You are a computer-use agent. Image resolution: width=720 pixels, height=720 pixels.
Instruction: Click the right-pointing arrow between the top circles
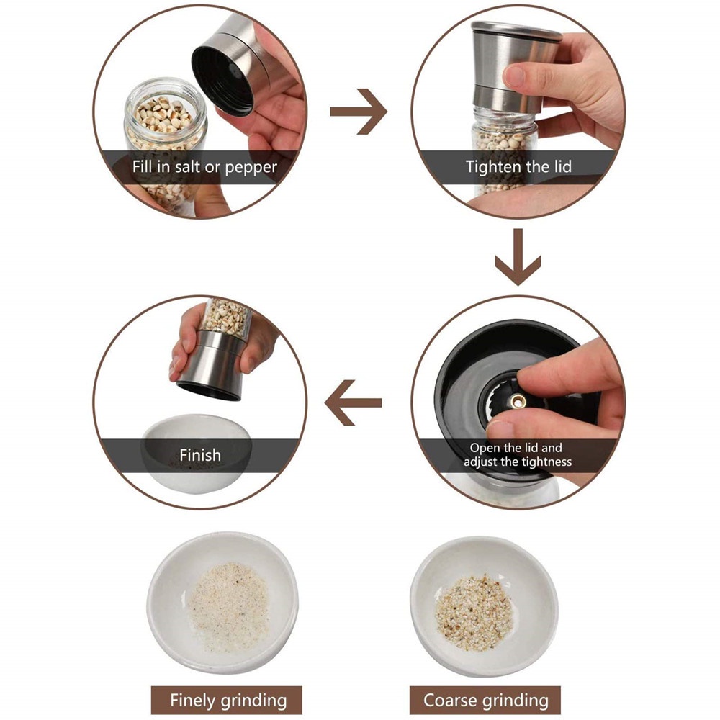tap(359, 112)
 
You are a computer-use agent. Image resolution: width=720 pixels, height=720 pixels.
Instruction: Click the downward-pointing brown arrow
tap(518, 257)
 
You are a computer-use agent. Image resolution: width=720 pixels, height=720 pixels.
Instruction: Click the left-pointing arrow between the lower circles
tap(353, 402)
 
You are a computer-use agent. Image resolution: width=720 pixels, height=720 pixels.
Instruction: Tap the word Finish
tap(200, 455)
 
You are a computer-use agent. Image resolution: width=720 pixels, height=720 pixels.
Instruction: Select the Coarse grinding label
tap(485, 701)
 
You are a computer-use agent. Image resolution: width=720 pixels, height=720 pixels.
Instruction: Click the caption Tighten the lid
tap(518, 166)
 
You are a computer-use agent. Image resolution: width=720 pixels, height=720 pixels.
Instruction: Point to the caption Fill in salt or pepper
tap(204, 167)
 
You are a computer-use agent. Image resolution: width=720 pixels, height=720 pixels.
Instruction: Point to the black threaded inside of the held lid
tap(222, 81)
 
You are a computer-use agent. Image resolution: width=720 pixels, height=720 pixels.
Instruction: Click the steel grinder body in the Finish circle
tap(212, 365)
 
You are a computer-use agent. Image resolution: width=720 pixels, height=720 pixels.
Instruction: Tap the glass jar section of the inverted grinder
tap(226, 316)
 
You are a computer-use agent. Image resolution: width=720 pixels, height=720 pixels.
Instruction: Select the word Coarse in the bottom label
tap(451, 701)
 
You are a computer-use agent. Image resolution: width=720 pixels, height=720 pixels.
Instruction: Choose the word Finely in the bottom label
tap(193, 701)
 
